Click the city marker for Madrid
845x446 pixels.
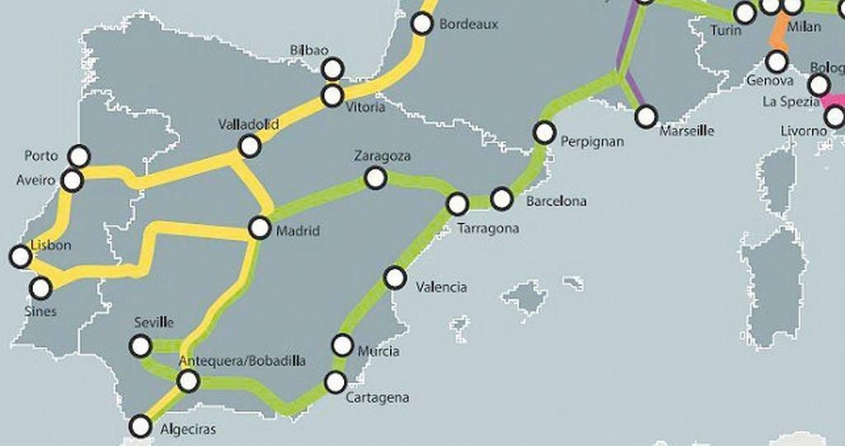click(259, 228)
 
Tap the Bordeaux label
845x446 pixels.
click(468, 24)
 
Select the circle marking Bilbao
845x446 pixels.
click(333, 69)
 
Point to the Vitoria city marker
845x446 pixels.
click(333, 96)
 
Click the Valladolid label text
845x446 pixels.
click(248, 125)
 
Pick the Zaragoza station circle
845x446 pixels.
click(375, 178)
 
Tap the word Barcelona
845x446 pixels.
click(556, 201)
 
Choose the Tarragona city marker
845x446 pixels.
click(457, 204)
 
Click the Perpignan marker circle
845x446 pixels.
click(544, 132)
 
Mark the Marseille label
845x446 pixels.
click(687, 131)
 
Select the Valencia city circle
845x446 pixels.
click(395, 277)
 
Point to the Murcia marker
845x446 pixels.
click(342, 345)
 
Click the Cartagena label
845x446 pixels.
click(377, 397)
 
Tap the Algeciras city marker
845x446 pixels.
click(140, 425)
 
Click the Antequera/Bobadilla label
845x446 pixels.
click(242, 361)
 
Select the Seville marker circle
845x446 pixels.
click(140, 346)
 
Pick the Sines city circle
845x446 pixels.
click(40, 288)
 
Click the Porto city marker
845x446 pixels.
click(80, 156)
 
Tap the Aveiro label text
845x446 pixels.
click(35, 181)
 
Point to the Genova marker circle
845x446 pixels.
click(777, 61)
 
